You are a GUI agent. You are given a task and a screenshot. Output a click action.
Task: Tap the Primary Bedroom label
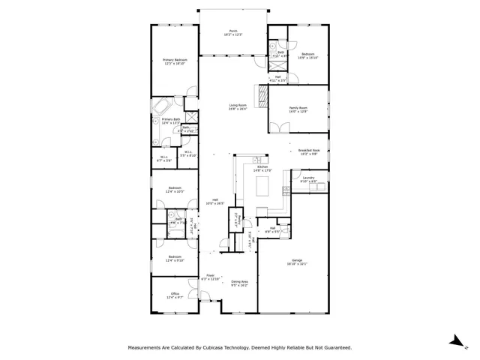pyautogui.click(x=175, y=61)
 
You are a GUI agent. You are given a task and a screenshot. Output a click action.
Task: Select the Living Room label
pyautogui.click(x=238, y=107)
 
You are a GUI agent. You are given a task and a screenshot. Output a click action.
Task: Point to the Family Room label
pyautogui.click(x=298, y=109)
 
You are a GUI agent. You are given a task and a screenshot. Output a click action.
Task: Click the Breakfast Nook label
pyautogui.click(x=309, y=151)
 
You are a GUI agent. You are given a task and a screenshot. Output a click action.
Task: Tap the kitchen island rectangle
pyautogui.click(x=262, y=190)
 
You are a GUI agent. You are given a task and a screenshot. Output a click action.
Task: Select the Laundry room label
pyautogui.click(x=308, y=180)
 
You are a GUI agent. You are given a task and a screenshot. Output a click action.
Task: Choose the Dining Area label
pyautogui.click(x=239, y=283)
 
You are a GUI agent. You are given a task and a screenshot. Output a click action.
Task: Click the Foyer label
pyautogui.click(x=211, y=277)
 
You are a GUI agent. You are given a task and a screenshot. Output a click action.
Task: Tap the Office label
pyautogui.click(x=175, y=295)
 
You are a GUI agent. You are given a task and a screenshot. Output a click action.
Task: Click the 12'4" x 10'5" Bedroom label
pyautogui.click(x=175, y=190)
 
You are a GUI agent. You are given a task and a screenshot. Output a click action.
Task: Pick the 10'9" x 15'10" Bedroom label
pyautogui.click(x=309, y=55)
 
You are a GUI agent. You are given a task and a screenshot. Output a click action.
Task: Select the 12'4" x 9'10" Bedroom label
pyautogui.click(x=175, y=259)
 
